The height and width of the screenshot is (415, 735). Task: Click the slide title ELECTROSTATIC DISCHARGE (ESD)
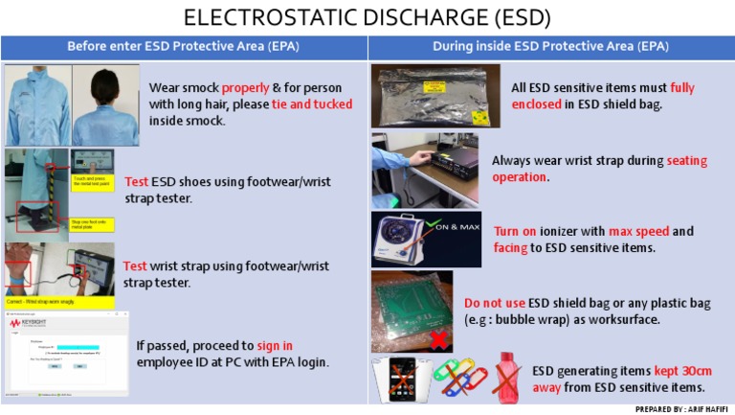coord(367,17)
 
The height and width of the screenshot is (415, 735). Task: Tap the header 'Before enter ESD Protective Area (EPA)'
coord(183,46)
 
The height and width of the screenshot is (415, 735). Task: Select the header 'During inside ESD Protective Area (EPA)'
coord(550,46)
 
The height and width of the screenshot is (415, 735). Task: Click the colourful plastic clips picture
coord(459,377)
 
